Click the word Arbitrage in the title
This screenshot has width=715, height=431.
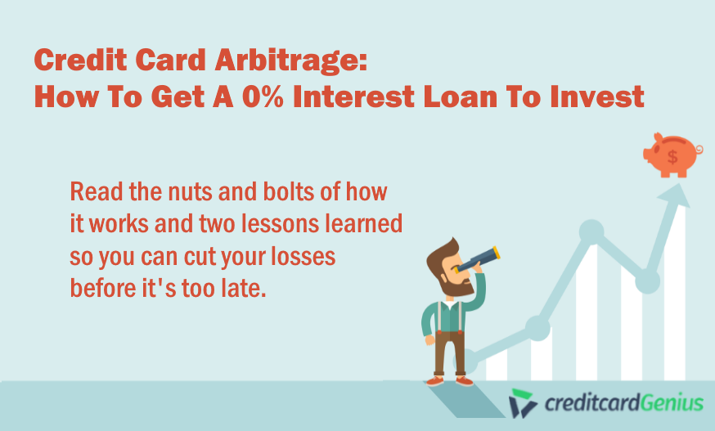(290, 61)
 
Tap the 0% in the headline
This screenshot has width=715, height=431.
(263, 97)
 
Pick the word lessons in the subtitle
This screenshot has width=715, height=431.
(280, 223)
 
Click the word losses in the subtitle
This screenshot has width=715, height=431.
(304, 256)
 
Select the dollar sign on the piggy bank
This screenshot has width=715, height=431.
(672, 156)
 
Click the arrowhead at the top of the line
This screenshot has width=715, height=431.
(675, 195)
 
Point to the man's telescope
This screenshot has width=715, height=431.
(477, 259)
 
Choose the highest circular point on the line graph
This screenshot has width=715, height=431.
(591, 231)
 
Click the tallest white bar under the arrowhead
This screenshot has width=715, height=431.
(675, 292)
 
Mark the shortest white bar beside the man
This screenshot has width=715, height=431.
(497, 365)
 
